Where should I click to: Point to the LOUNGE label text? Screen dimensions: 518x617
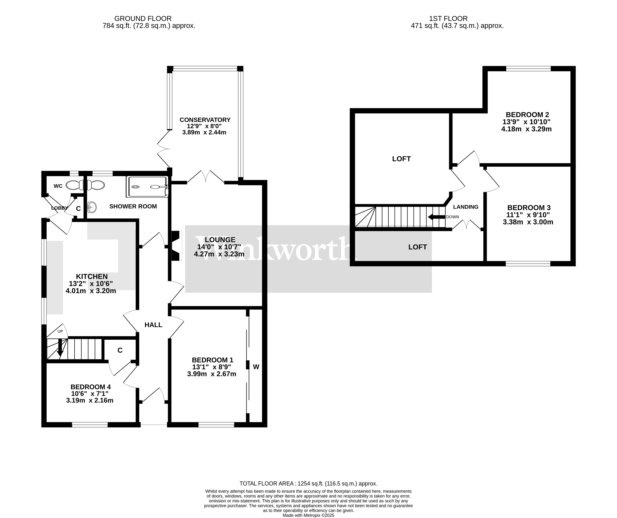tap(220, 240)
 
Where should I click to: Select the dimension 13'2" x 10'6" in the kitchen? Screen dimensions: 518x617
tap(91, 284)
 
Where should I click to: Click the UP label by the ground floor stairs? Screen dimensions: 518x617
tap(60, 331)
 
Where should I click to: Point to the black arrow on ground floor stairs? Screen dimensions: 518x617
tap(60, 348)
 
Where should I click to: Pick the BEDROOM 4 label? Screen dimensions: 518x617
tap(90, 387)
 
